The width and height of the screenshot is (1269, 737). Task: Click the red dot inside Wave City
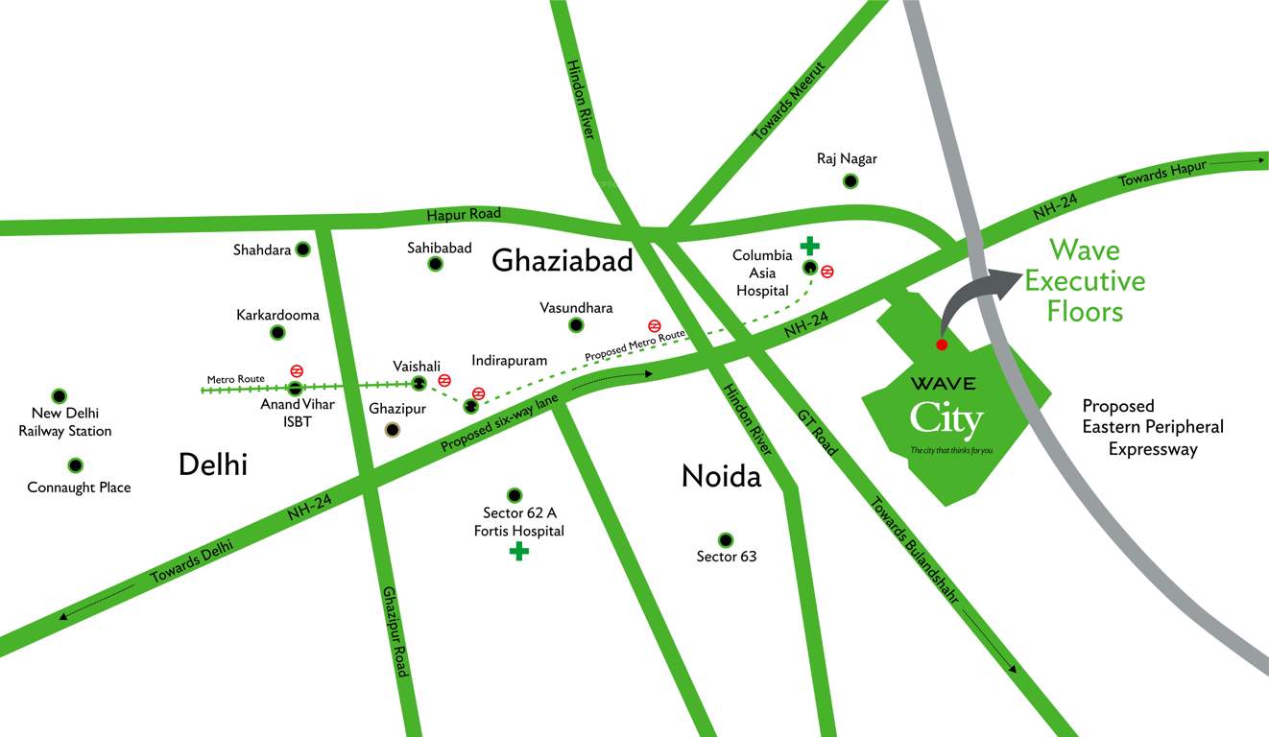pyautogui.click(x=942, y=345)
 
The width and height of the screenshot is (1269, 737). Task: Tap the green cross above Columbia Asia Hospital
pyautogui.click(x=810, y=246)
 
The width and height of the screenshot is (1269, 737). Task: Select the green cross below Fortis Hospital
pyautogui.click(x=518, y=551)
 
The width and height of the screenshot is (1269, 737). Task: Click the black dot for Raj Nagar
pyautogui.click(x=849, y=181)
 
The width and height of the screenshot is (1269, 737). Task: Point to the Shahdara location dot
pyautogui.click(x=302, y=250)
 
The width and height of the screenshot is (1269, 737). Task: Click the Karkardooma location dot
pyautogui.click(x=277, y=332)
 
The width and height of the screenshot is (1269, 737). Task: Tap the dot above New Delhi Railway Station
pyautogui.click(x=60, y=395)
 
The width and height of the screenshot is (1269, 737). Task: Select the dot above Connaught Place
pyautogui.click(x=75, y=465)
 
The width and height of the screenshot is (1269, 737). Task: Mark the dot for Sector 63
pyautogui.click(x=726, y=539)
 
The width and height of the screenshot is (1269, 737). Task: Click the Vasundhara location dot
pyautogui.click(x=575, y=325)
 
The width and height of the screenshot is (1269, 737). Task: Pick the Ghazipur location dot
pyautogui.click(x=392, y=429)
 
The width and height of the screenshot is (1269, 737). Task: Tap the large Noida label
pyautogui.click(x=721, y=476)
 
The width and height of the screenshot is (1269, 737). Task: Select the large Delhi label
pyautogui.click(x=213, y=464)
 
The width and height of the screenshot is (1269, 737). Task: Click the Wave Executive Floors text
pyautogui.click(x=1085, y=280)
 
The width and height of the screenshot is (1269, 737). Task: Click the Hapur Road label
pyautogui.click(x=464, y=215)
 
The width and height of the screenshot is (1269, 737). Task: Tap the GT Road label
pyautogui.click(x=818, y=432)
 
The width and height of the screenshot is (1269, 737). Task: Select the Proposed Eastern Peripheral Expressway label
pyautogui.click(x=1153, y=427)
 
